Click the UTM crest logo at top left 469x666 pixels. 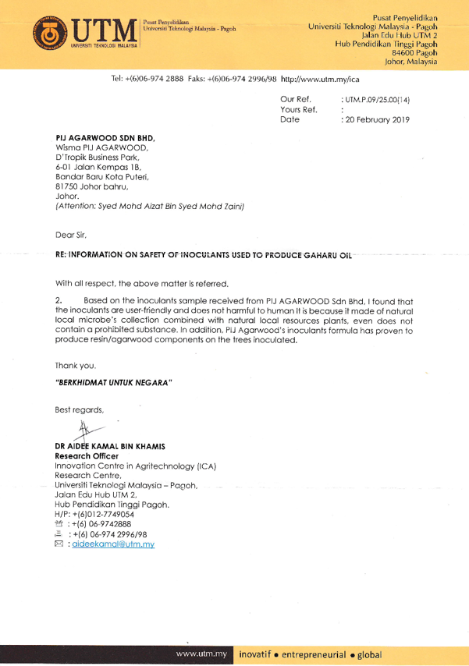click(x=55, y=34)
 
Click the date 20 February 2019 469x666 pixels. click(x=378, y=121)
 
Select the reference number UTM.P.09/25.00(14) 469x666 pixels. click(x=376, y=101)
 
